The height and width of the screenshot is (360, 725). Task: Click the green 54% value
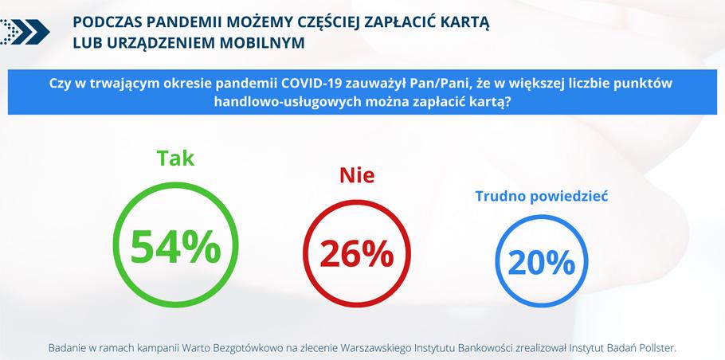click(176, 247)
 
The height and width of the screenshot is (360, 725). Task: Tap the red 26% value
click(356, 255)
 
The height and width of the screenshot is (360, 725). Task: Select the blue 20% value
click(542, 263)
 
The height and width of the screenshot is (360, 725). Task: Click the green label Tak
click(176, 158)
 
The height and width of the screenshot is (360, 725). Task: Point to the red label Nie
click(357, 175)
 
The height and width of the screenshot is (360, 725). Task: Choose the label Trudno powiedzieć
click(542, 197)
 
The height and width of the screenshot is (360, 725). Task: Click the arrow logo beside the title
click(25, 31)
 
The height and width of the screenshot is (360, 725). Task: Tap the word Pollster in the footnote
click(656, 348)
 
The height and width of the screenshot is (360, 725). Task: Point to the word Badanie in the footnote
click(65, 348)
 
